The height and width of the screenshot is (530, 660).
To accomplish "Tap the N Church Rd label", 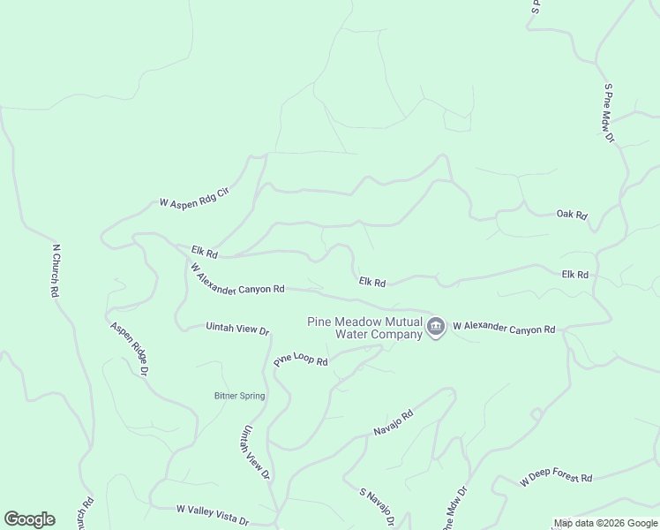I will click(x=56, y=270).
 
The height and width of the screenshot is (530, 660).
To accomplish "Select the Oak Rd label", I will click(x=572, y=215).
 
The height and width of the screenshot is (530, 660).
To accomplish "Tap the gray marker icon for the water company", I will click(x=435, y=328).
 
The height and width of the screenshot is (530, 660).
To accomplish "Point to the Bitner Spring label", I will click(x=239, y=396).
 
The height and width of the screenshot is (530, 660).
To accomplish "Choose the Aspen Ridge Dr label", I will click(x=129, y=349).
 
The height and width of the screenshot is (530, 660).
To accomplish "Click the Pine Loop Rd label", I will click(x=301, y=360).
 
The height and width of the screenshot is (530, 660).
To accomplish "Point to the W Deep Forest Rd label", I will click(x=556, y=477).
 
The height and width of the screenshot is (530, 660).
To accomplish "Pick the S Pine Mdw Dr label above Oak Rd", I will click(x=609, y=113).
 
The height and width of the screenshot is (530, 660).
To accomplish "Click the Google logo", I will click(x=29, y=519).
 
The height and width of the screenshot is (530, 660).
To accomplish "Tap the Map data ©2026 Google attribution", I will click(x=605, y=523).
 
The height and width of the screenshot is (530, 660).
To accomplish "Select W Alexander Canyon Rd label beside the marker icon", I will click(x=503, y=328).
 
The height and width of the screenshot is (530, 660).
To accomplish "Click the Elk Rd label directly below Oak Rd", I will click(x=574, y=275).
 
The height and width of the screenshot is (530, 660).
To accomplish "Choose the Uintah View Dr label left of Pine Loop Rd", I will click(x=236, y=329).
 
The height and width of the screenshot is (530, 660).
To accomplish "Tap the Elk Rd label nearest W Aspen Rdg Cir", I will click(x=204, y=252).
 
